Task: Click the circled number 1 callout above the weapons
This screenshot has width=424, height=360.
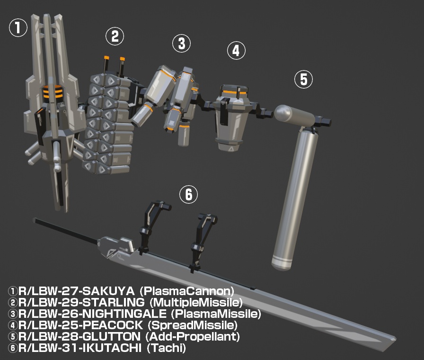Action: pyautogui.click(x=18, y=27)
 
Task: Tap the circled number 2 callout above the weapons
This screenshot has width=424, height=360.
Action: pyautogui.click(x=115, y=36)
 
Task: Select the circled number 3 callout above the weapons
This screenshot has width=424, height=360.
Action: pyautogui.click(x=182, y=43)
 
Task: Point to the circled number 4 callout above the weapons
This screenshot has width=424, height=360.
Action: pyautogui.click(x=236, y=51)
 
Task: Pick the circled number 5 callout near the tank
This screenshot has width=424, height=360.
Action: pyautogui.click(x=303, y=79)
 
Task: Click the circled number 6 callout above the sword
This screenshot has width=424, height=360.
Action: pyautogui.click(x=188, y=194)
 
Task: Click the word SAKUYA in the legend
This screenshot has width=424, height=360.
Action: pyautogui.click(x=108, y=291)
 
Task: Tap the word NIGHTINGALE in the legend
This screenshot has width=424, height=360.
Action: pyautogui.click(x=124, y=314)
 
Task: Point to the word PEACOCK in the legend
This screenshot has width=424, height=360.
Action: pyautogui.click(x=112, y=325)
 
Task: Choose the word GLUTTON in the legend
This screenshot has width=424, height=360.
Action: pyautogui.click(x=111, y=336)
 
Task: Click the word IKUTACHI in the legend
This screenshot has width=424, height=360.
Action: pyautogui.click(x=111, y=348)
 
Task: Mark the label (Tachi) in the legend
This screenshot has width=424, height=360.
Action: pyautogui.click(x=166, y=348)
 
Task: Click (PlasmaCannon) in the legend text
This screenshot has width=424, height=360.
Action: pyautogui.click(x=187, y=291)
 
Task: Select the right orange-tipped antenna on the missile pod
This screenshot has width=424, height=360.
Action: pyautogui.click(x=122, y=66)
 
